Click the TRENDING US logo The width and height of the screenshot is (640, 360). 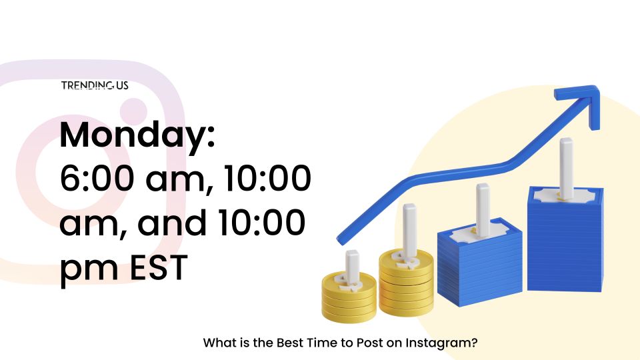(x=95, y=85)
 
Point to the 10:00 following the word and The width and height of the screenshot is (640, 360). (x=261, y=223)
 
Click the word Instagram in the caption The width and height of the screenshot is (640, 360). (x=441, y=343)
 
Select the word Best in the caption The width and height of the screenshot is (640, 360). (x=289, y=343)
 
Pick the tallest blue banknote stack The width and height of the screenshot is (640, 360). (x=565, y=239)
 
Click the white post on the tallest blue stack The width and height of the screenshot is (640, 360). (x=566, y=167)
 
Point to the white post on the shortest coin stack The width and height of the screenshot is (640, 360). (x=352, y=266)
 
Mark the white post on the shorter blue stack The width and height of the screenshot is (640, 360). (x=483, y=210)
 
